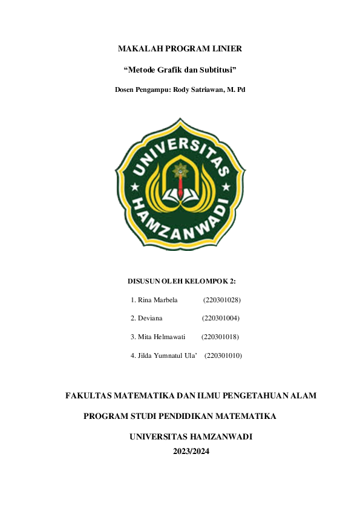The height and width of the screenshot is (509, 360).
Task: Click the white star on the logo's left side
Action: pyautogui.click(x=126, y=189)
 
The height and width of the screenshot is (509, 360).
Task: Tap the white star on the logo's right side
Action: pyautogui.click(x=234, y=189)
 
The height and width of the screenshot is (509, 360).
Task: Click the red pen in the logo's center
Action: pyautogui.click(x=180, y=186)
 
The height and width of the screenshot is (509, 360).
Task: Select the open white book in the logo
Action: pyautogui.click(x=180, y=195)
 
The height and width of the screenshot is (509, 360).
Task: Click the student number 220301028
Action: pyautogui.click(x=223, y=300)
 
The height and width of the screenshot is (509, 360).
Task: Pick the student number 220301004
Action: pyautogui.click(x=221, y=318)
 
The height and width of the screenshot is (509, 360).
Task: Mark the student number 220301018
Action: pyautogui.click(x=220, y=337)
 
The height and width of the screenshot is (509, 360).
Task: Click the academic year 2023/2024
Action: pyautogui.click(x=191, y=451)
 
